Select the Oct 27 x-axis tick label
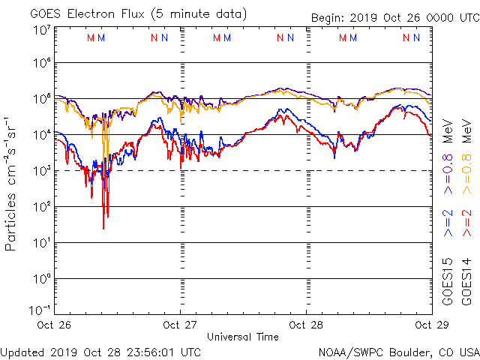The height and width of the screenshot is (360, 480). (181, 325)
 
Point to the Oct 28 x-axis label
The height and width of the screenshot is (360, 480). (306, 325)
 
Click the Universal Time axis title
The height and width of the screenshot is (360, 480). (243, 337)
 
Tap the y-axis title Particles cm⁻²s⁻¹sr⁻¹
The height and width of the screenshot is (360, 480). (11, 184)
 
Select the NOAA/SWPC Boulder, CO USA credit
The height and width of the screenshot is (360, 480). (398, 351)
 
